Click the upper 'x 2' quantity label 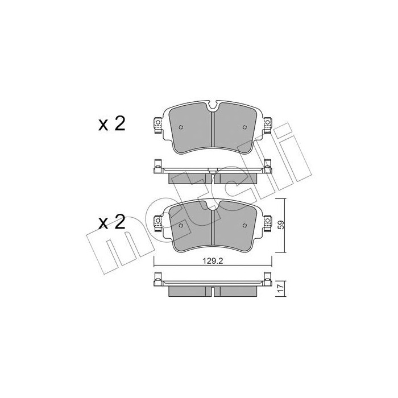[x=111, y=125]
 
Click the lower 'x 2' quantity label [x=111, y=222]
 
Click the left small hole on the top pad [x=180, y=127]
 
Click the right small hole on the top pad [x=244, y=127]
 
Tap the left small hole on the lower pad [x=180, y=225]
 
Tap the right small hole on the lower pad [x=244, y=225]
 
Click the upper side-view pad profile [x=212, y=173]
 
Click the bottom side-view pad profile [x=212, y=289]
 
